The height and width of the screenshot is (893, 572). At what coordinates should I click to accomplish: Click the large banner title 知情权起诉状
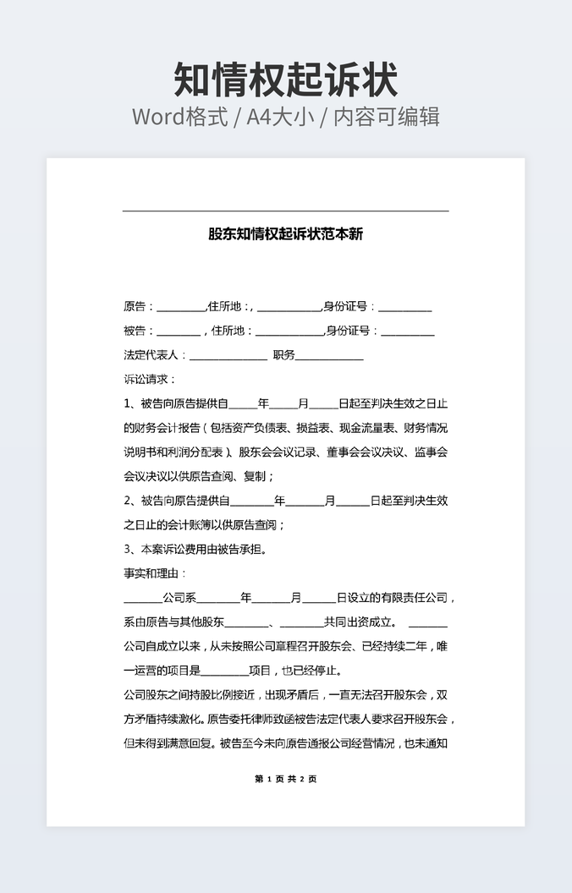pyautogui.click(x=286, y=79)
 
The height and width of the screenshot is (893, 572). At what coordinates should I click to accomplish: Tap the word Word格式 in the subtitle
pyautogui.click(x=179, y=117)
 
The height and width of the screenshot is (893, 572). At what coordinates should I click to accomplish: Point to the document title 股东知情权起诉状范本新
pyautogui.click(x=286, y=234)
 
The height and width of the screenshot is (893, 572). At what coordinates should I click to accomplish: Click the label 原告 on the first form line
pyautogui.click(x=135, y=306)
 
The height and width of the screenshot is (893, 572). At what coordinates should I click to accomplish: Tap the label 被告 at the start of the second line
pyautogui.click(x=135, y=331)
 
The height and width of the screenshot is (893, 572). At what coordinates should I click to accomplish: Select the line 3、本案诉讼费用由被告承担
pyautogui.click(x=195, y=549)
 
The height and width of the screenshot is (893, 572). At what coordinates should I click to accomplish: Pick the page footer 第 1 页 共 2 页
pyautogui.click(x=286, y=779)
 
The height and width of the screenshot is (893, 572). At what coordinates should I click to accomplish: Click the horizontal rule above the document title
pyautogui.click(x=286, y=211)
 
